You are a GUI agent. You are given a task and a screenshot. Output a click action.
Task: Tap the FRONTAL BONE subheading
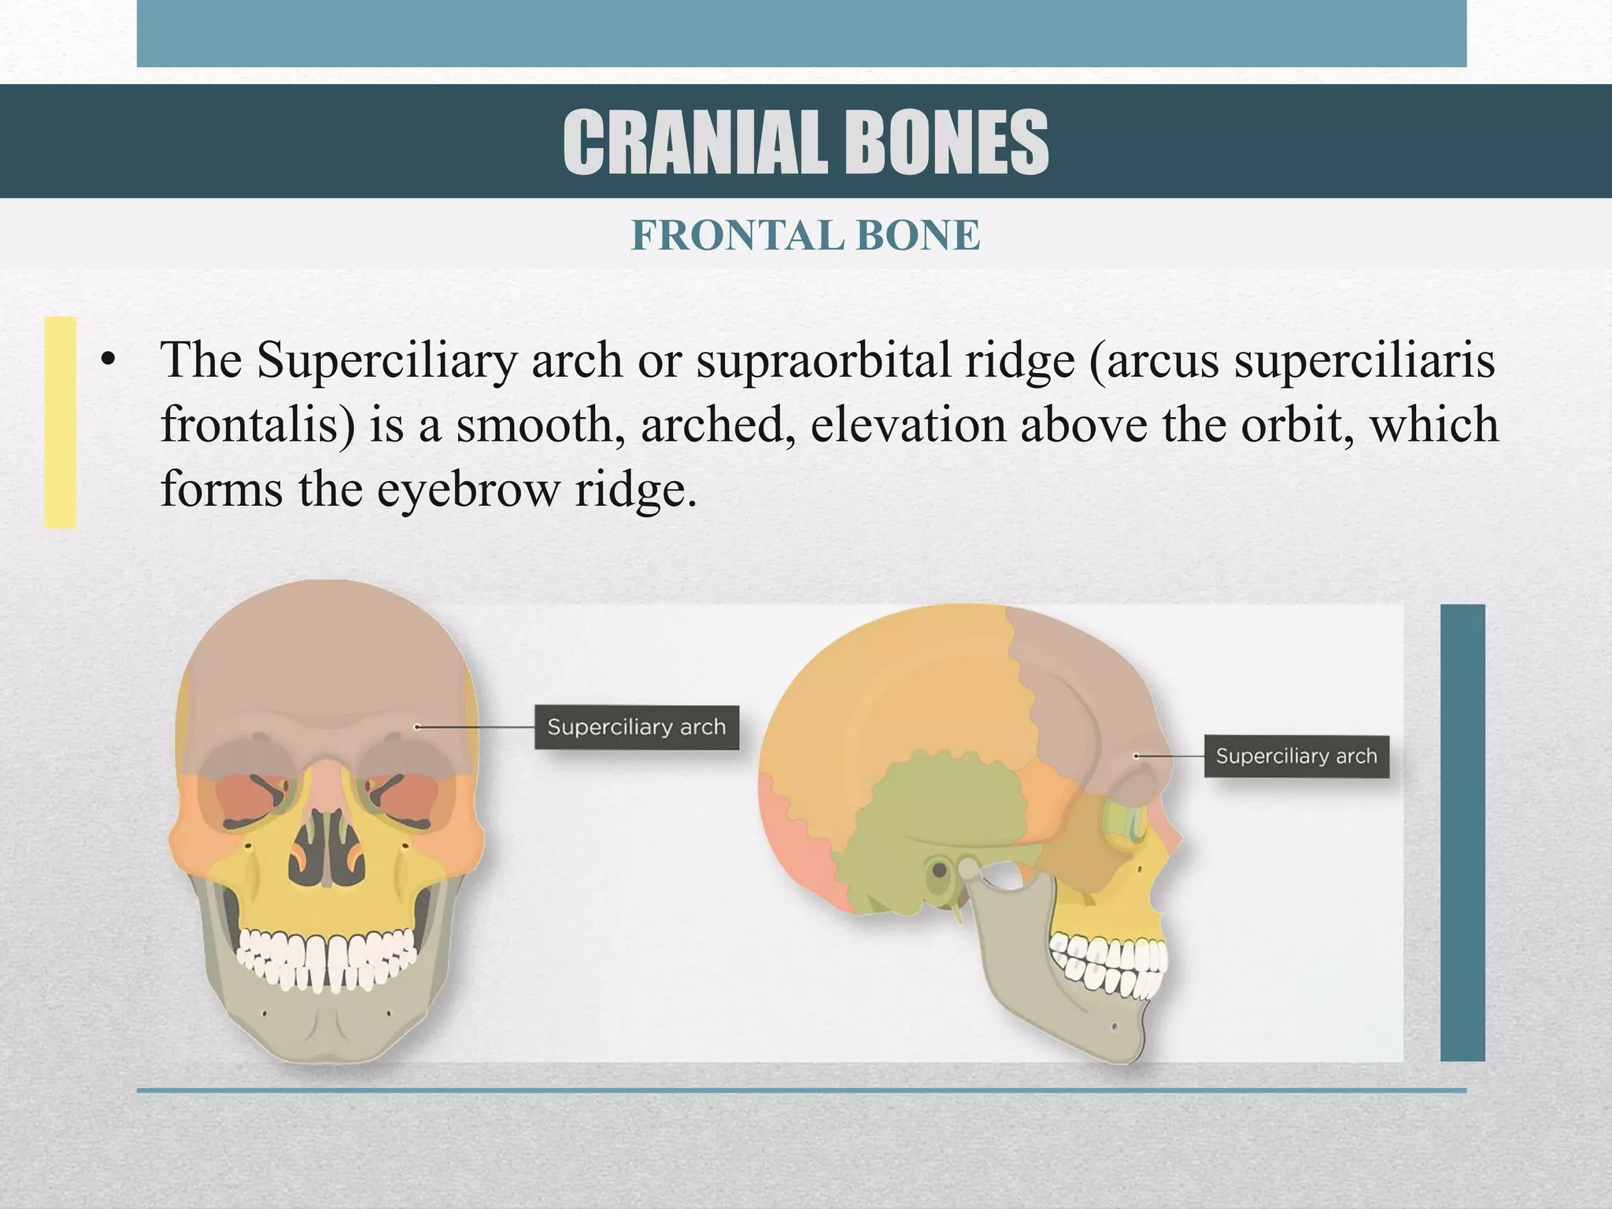tap(805, 235)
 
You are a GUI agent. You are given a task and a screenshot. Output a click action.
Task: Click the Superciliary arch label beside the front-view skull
tap(636, 727)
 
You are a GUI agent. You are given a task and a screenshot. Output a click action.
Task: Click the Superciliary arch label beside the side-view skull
tap(1296, 756)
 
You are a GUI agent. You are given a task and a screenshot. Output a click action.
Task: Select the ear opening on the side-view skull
tap(939, 871)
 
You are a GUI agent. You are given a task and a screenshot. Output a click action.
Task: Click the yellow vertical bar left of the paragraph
tap(60, 422)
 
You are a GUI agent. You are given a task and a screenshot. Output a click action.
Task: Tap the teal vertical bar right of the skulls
tap(1462, 832)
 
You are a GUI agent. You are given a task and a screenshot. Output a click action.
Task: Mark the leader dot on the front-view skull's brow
tap(416, 727)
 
